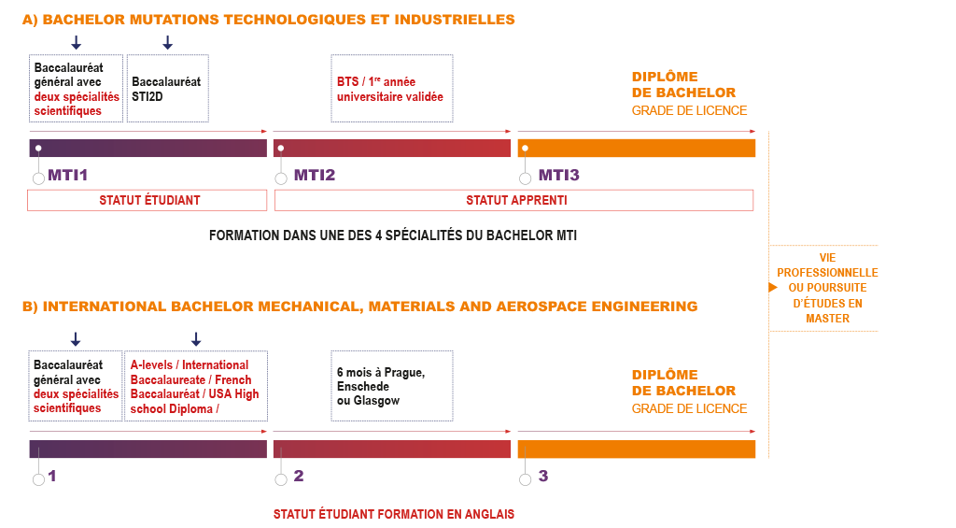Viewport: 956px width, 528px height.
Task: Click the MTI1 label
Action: click(x=67, y=175)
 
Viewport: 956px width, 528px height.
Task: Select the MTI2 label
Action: click(x=315, y=175)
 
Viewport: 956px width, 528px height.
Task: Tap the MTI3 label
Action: click(x=558, y=175)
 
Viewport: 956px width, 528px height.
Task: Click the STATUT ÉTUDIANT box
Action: click(x=147, y=200)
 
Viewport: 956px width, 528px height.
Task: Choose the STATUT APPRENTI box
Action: click(x=514, y=200)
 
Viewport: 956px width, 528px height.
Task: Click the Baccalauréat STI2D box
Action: click(x=168, y=89)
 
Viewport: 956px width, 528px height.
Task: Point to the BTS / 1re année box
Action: click(x=392, y=89)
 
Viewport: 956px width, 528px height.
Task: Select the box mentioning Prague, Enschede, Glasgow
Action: click(x=392, y=386)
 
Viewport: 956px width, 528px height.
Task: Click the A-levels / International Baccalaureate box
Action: click(x=196, y=386)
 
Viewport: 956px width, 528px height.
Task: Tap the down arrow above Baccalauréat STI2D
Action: click(x=168, y=42)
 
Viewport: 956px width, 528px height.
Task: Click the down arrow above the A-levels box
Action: click(x=196, y=339)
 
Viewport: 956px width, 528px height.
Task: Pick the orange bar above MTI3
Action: click(x=637, y=149)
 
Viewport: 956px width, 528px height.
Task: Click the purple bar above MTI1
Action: click(x=148, y=149)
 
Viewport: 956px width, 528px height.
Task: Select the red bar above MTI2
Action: click(x=392, y=149)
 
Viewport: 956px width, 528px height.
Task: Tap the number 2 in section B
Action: click(x=299, y=476)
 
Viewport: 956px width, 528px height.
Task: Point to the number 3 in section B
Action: click(x=543, y=476)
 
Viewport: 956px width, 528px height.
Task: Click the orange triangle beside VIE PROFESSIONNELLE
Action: click(x=773, y=288)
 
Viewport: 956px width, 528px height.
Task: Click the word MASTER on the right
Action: click(x=827, y=319)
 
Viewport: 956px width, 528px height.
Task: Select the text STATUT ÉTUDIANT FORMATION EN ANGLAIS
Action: click(x=394, y=515)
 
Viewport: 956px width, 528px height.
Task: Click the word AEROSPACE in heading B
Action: click(x=541, y=307)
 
